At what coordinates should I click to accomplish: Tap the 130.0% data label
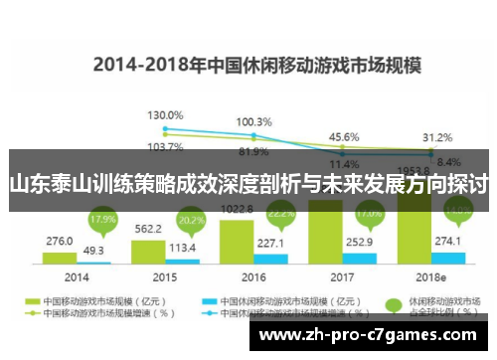coord(165,116)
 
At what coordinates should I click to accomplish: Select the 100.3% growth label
coord(253,122)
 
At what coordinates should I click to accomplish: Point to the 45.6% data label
coord(344,136)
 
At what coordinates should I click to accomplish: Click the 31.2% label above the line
coord(437,137)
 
